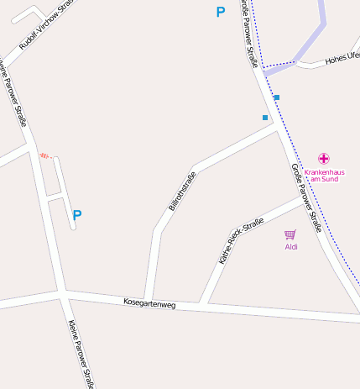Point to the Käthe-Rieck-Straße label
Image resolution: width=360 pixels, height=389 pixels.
click(x=241, y=240)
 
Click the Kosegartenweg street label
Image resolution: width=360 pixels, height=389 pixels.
click(x=149, y=302)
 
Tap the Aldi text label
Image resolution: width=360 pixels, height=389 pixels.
click(x=291, y=247)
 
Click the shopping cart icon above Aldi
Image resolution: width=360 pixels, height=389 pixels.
click(x=290, y=234)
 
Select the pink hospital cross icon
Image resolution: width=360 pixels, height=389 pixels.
click(x=324, y=158)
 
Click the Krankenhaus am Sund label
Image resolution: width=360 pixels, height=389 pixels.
click(x=324, y=176)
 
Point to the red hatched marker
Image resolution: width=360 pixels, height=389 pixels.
click(x=44, y=155)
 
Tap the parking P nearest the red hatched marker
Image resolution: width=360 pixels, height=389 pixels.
click(x=77, y=215)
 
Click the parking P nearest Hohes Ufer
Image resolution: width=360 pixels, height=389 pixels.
click(x=221, y=12)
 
